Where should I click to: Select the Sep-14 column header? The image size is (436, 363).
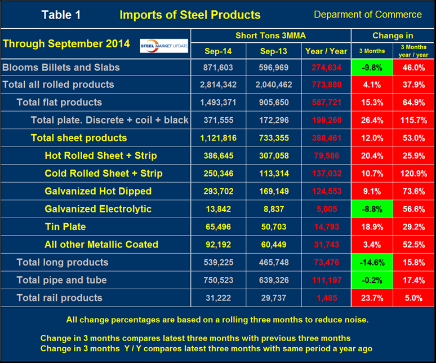[x=218, y=51]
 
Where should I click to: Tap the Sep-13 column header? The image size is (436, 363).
[x=272, y=51]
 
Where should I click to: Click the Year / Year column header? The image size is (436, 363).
[x=326, y=51]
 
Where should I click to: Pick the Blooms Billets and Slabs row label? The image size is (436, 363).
[x=61, y=67]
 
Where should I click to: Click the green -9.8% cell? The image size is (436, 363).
[x=372, y=67]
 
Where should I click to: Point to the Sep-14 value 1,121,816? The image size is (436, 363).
[x=218, y=138]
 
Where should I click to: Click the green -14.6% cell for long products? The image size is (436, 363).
[x=372, y=262]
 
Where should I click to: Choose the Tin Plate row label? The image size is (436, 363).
[x=65, y=227]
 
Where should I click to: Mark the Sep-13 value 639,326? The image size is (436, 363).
[x=272, y=280]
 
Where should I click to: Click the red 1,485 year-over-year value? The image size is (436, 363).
[x=326, y=298]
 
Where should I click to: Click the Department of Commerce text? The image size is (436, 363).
[x=367, y=15]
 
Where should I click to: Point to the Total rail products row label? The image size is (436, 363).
[x=59, y=298]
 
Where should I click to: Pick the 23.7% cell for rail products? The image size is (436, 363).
[x=372, y=298]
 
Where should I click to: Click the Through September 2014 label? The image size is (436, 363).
[x=66, y=44]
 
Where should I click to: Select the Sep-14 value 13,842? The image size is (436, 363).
[x=218, y=209]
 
